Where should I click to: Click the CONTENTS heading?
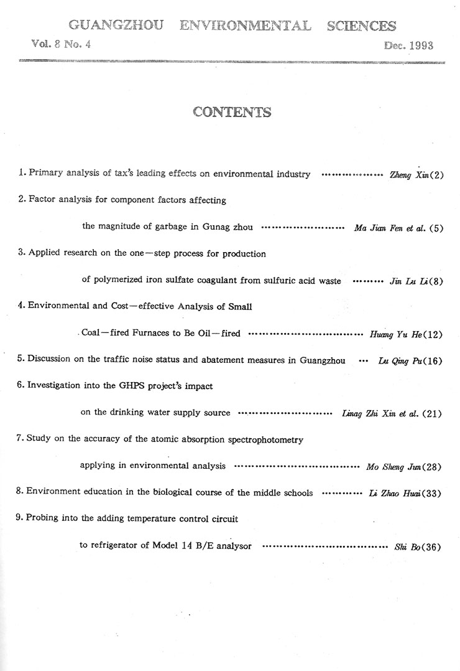point(232,112)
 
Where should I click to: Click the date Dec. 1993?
point(408,45)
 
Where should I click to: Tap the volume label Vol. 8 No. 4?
point(60,44)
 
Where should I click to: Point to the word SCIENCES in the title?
point(361,26)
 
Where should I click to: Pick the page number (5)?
point(436,228)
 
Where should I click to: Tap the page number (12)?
point(433,335)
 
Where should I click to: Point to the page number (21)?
point(433,414)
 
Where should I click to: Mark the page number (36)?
point(433,548)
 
